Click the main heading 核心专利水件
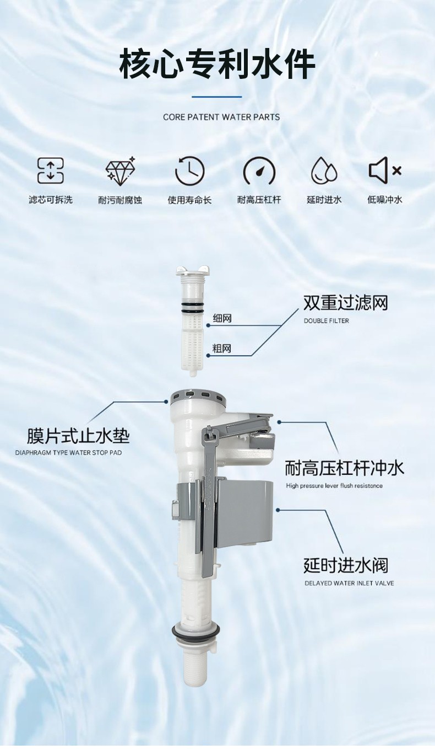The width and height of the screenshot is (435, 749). click(217, 63)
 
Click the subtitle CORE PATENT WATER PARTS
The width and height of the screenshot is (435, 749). click(221, 117)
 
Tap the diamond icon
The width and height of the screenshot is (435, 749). click(120, 171)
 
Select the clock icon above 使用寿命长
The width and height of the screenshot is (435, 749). click(189, 171)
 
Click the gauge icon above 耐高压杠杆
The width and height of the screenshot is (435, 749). click(259, 171)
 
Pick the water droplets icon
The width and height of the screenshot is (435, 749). click(324, 171)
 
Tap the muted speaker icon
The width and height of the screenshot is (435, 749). click(384, 171)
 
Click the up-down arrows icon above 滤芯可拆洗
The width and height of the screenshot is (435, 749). click(51, 171)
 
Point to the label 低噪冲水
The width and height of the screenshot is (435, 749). click(384, 200)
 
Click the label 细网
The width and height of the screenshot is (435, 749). click(222, 318)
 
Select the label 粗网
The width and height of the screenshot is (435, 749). click(222, 349)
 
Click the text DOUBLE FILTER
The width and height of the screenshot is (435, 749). click(326, 320)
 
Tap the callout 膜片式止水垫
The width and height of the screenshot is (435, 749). click(78, 436)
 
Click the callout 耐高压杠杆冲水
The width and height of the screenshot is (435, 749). click(344, 468)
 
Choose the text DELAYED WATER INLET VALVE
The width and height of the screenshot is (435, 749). click(349, 583)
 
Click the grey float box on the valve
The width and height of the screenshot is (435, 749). click(244, 513)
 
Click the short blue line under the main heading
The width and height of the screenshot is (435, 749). click(216, 97)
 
